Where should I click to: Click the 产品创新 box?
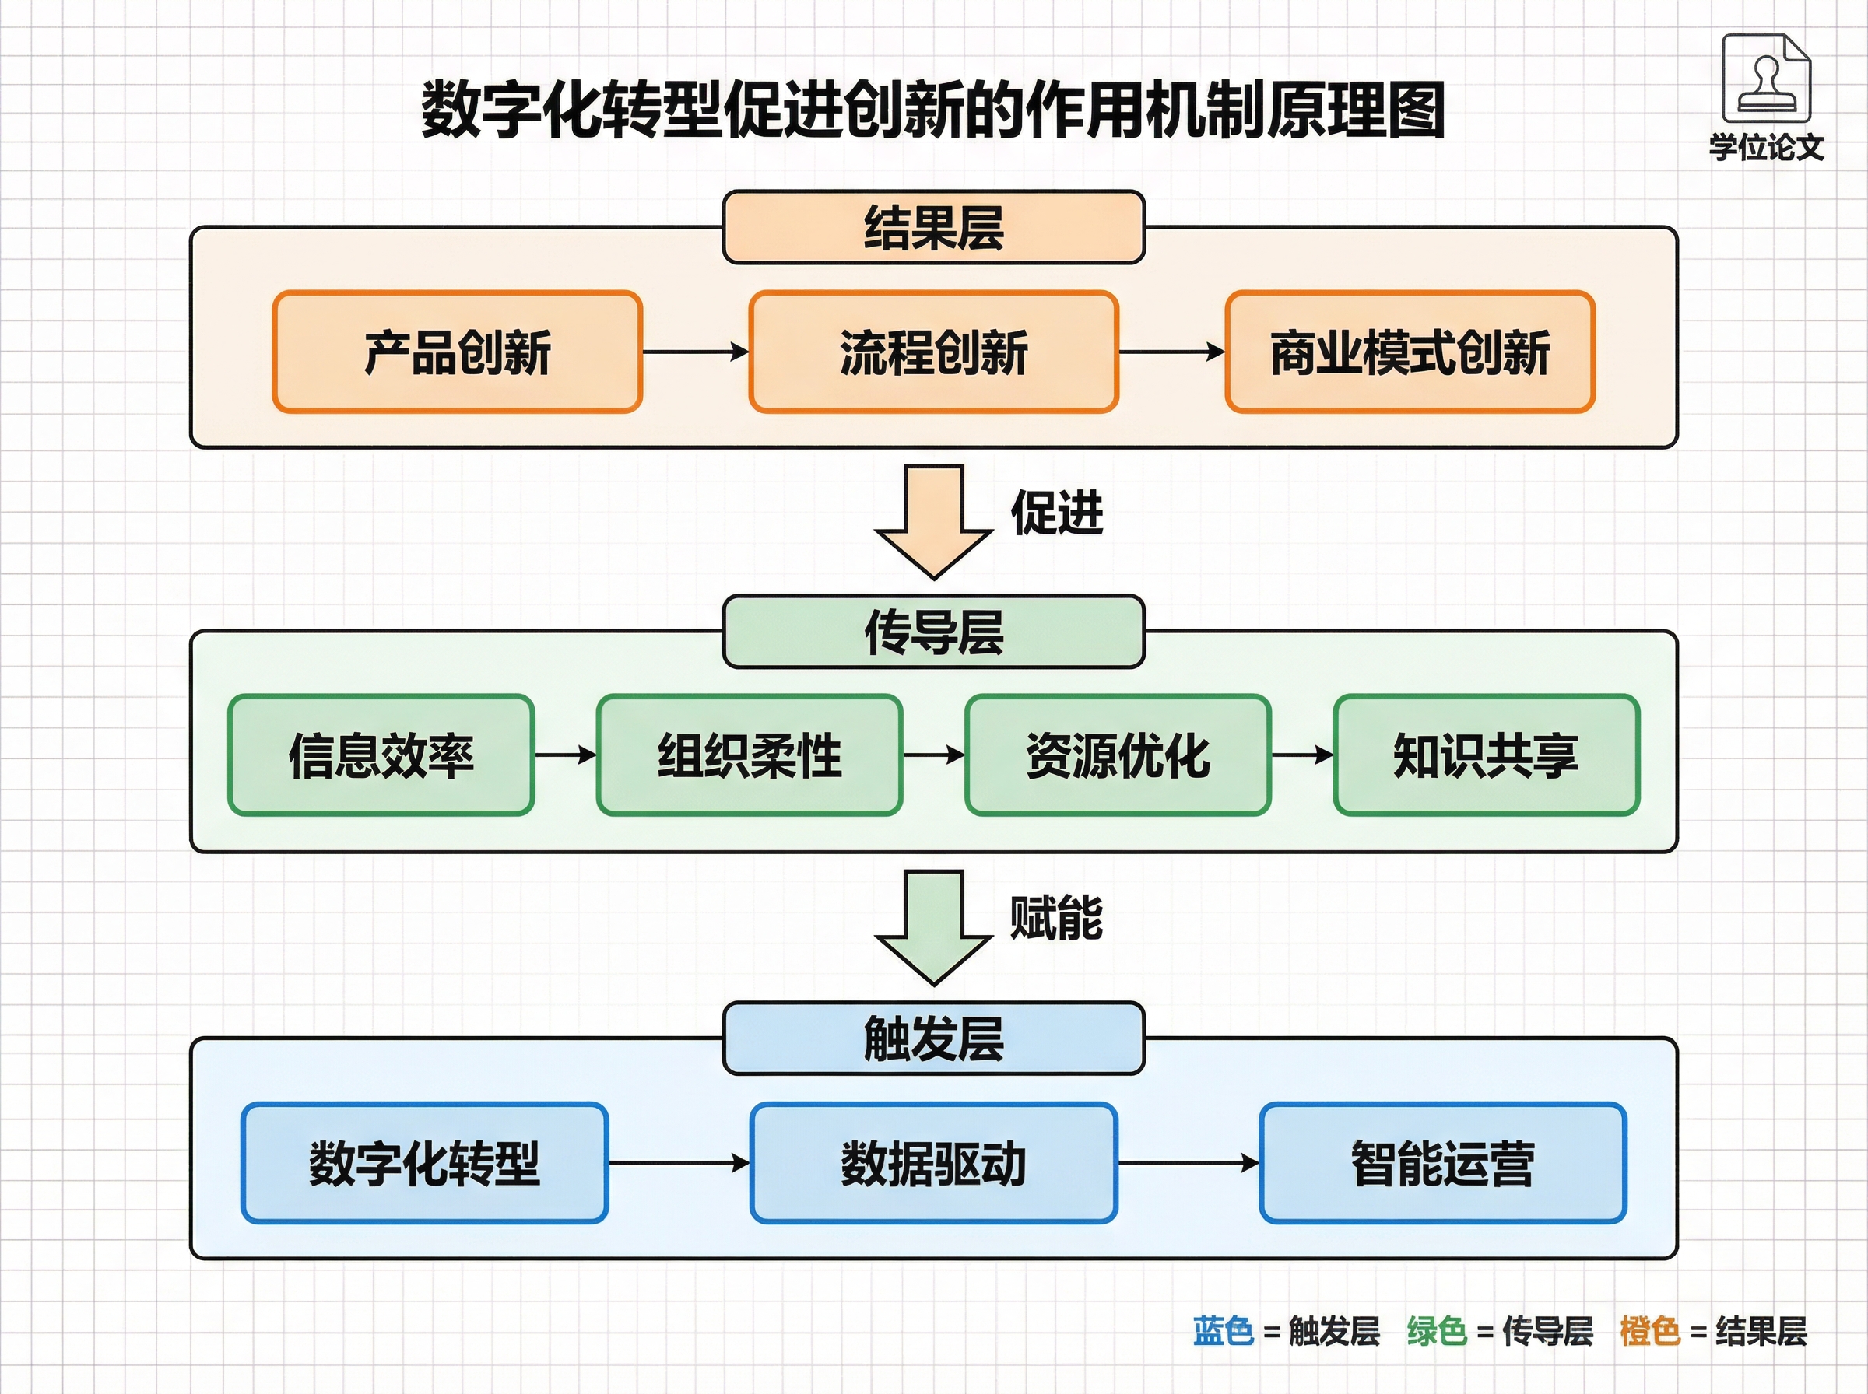[x=457, y=352]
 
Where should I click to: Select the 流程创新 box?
[x=932, y=352]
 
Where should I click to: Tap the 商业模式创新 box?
[x=1410, y=352]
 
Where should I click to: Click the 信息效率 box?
[x=381, y=755]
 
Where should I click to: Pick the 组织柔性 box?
[x=750, y=755]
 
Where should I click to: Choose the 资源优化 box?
[x=1118, y=755]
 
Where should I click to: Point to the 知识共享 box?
[x=1486, y=755]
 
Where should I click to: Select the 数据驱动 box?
[x=933, y=1163]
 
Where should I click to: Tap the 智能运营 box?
[x=1442, y=1163]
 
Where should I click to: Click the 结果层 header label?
[x=933, y=228]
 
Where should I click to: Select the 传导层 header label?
[x=933, y=632]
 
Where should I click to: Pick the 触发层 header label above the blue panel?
[x=933, y=1038]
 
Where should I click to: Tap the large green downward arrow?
[x=933, y=927]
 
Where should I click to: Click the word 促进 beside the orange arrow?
[x=1057, y=512]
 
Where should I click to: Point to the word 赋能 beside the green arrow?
[x=1056, y=918]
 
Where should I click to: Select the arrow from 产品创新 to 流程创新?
[x=696, y=352]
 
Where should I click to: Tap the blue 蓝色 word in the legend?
[x=1223, y=1331]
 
